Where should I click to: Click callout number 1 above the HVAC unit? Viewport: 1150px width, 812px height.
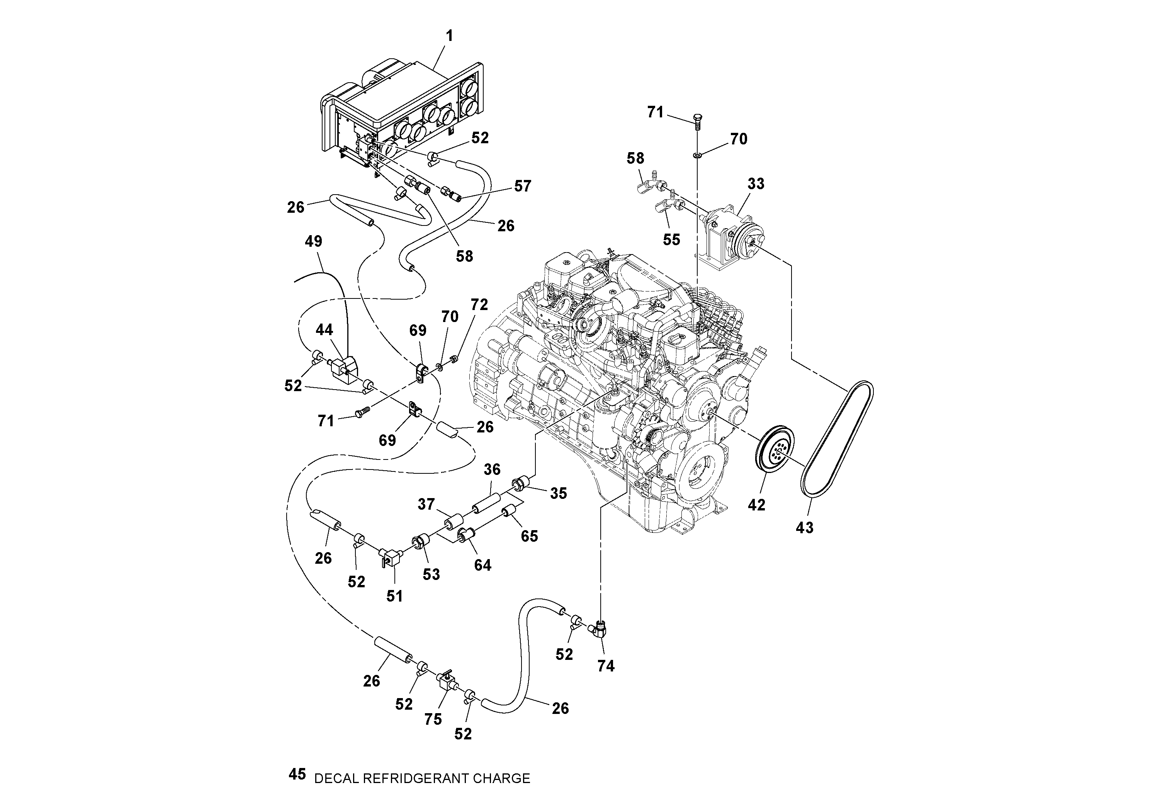click(x=449, y=36)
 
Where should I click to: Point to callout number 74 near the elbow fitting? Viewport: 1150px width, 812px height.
click(x=606, y=665)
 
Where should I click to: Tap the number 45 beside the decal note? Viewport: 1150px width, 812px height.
click(x=297, y=775)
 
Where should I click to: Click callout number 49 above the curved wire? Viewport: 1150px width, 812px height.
click(x=314, y=241)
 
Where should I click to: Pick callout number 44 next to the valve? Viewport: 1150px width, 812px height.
click(x=324, y=330)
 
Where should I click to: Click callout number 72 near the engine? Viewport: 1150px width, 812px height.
click(x=479, y=304)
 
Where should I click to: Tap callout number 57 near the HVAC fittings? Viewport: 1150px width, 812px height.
click(x=522, y=186)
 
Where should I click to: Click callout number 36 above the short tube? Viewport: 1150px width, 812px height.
click(x=492, y=469)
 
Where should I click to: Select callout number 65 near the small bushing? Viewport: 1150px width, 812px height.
click(x=529, y=536)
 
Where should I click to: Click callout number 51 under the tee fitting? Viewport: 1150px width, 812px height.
click(x=394, y=596)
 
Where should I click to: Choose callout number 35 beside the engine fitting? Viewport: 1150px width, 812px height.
click(x=558, y=493)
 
